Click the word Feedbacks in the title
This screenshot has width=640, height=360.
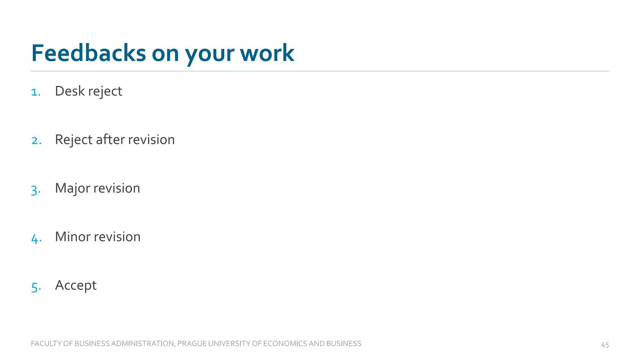88,53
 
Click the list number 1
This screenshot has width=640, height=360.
35,92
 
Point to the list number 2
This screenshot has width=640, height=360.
36,141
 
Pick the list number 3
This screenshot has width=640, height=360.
35,190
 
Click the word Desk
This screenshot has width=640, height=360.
70,91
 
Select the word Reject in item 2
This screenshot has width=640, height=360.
74,140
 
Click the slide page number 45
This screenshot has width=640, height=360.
605,345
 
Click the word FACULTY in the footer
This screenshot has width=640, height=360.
46,344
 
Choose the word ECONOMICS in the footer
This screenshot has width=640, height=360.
285,344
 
